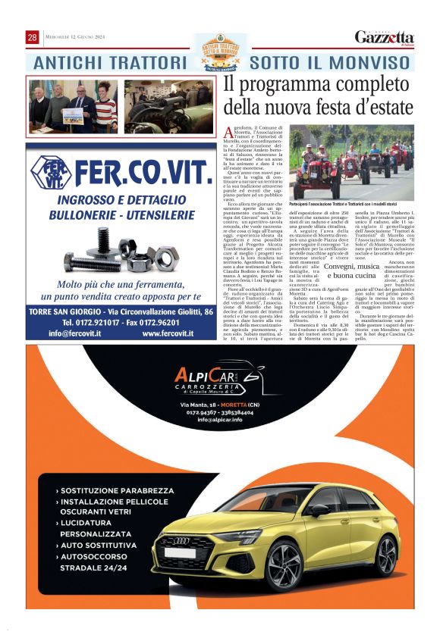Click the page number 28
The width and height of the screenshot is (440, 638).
(x=33, y=37)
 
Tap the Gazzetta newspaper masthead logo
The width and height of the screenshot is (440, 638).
(x=385, y=38)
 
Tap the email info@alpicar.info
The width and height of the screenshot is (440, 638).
(x=220, y=419)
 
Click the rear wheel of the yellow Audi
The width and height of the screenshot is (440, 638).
(x=388, y=555)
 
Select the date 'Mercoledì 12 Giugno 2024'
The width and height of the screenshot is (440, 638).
(x=74, y=38)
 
